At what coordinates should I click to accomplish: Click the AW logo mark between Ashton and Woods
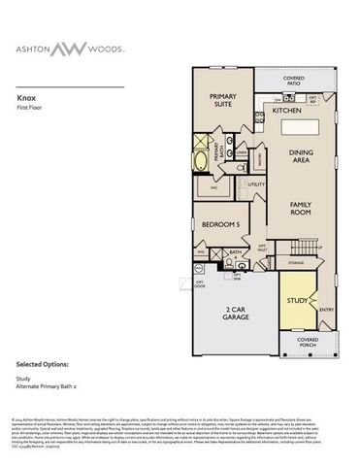click(179, 48)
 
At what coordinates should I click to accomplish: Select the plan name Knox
click(26, 98)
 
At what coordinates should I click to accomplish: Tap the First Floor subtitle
click(32, 108)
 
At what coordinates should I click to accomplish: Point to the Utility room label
click(257, 183)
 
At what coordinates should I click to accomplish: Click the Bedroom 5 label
click(219, 225)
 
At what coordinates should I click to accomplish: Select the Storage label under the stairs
click(297, 262)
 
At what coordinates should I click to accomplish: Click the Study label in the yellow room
click(297, 300)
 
